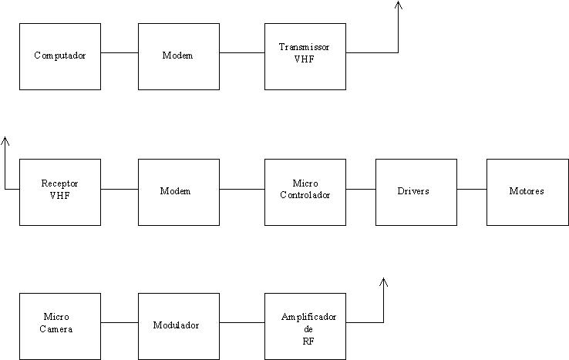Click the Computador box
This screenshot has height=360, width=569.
59,56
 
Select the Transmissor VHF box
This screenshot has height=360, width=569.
305,56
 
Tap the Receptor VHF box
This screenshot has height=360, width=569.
59,192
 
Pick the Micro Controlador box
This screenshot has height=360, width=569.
305,192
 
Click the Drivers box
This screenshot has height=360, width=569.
416,192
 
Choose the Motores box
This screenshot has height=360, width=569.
527,192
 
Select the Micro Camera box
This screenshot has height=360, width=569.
59,325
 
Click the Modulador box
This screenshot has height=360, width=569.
179,325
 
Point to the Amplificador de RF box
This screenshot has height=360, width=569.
305,325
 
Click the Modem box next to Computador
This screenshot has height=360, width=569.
179,56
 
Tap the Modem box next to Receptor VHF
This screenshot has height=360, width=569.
179,192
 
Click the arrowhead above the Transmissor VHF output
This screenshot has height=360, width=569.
398,5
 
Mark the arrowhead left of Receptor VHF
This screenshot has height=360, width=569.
5,141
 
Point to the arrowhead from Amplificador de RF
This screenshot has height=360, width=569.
383,282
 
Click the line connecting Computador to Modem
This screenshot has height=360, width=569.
120,52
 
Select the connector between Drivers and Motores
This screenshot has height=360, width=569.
471,188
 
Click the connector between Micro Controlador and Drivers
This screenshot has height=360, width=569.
361,188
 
